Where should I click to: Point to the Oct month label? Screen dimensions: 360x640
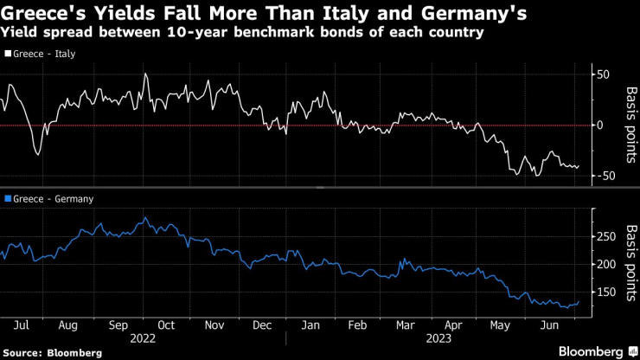pos(165,325)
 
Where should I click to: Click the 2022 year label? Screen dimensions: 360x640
pos(142,339)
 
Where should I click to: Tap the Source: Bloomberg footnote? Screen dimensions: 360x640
pos(53,353)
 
